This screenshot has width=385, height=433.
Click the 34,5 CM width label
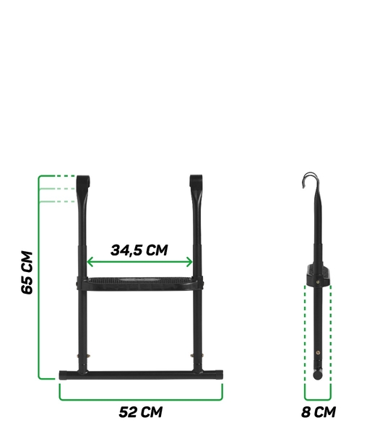click(139, 250)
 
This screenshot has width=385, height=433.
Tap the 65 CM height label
click(27, 272)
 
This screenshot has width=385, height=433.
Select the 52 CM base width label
click(141, 412)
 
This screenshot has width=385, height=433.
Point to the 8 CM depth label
click(318, 413)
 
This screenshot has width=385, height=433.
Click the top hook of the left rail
click(83, 180)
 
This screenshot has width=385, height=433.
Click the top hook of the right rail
click(196, 180)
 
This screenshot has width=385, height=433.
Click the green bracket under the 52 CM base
click(141, 398)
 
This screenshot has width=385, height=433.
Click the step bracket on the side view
click(319, 273)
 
